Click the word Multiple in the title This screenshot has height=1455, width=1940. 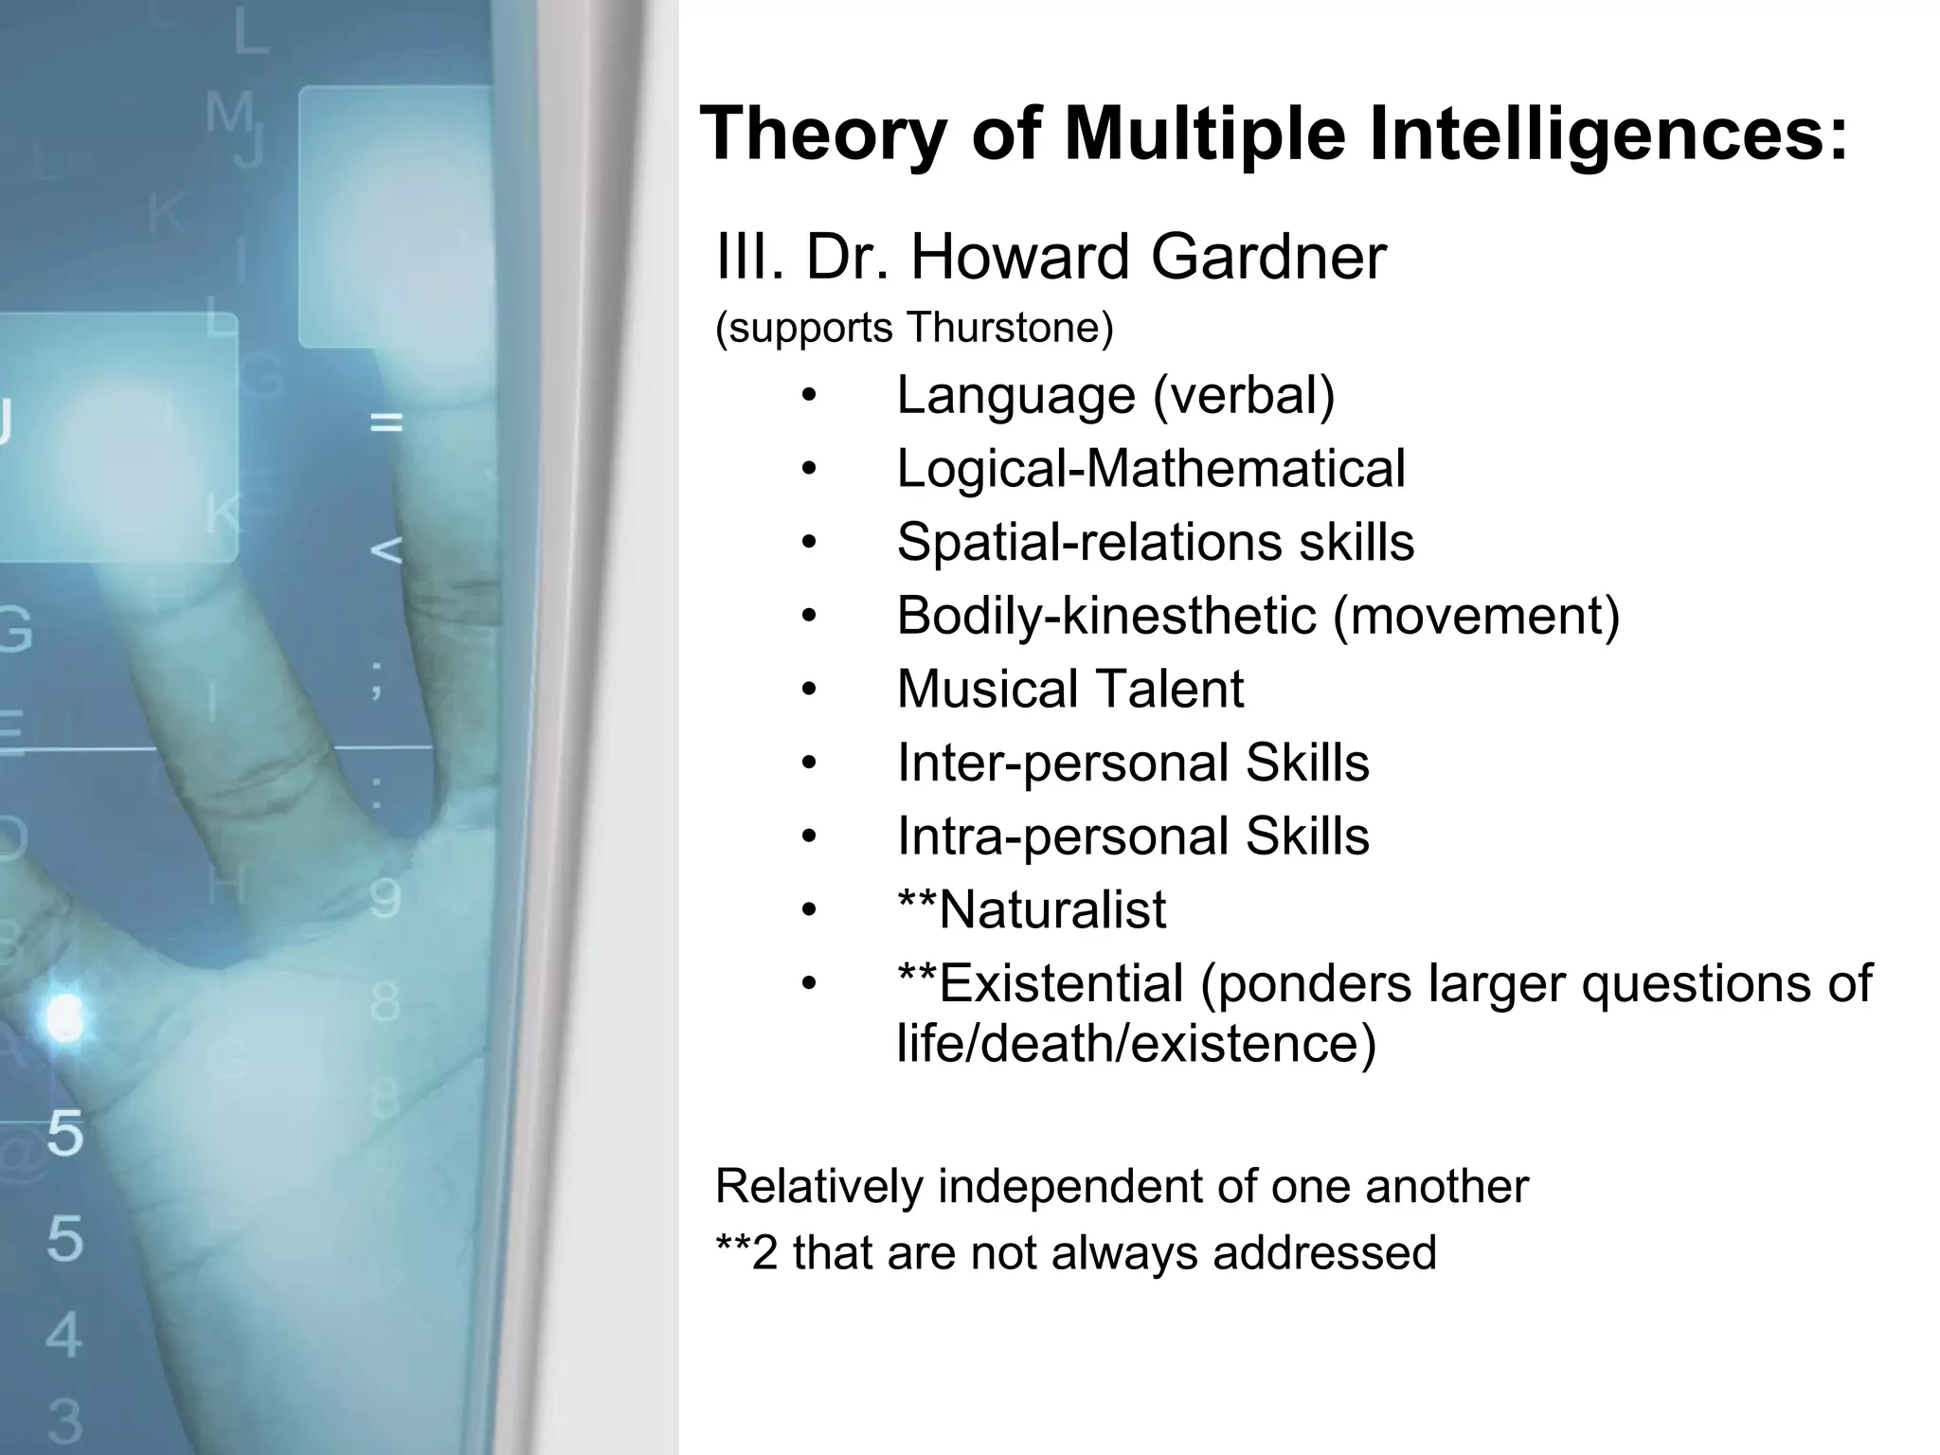pos(1204,135)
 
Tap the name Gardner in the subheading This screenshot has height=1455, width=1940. pos(1268,257)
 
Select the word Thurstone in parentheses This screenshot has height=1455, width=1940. pos(1009,328)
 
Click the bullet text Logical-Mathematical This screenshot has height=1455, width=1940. pos(1150,468)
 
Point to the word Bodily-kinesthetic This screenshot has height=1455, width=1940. pos(1106,616)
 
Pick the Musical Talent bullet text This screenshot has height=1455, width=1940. pos(1069,689)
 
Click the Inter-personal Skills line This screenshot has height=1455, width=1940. pos(1132,763)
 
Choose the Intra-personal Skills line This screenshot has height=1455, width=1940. pos(1132,836)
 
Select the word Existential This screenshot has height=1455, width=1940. pos(1061,983)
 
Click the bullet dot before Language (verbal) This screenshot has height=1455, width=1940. pos(808,396)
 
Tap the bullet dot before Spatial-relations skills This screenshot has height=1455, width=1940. pos(808,543)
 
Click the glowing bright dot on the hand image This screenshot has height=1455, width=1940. pos(64,1018)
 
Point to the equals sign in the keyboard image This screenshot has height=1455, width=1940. pos(386,422)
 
